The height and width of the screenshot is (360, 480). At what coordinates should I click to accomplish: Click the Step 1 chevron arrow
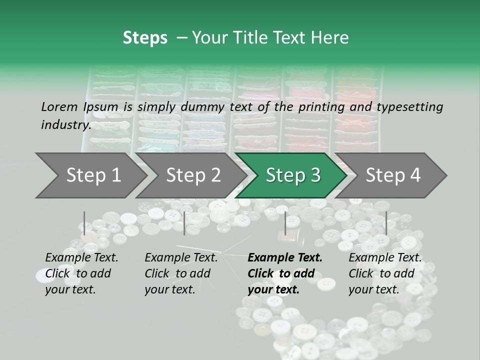(92, 175)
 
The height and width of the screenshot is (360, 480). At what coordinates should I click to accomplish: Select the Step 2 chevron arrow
(193, 175)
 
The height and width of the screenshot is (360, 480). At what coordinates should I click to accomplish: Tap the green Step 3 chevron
(292, 175)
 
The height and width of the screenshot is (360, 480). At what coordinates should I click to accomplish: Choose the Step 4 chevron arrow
(393, 175)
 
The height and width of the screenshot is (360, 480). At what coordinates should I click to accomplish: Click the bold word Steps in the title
(145, 38)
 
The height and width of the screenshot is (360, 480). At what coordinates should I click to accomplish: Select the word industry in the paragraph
(65, 124)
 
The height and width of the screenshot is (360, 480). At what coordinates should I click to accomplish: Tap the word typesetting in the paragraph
(410, 106)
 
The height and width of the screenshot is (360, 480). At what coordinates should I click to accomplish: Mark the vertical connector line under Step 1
(84, 223)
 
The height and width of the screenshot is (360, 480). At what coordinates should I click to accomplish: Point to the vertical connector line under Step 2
(184, 223)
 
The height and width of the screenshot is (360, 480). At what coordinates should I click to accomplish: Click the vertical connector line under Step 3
(285, 223)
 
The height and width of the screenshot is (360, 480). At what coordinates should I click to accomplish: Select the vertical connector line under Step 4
(386, 223)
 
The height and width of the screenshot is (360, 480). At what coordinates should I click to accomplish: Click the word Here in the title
(329, 38)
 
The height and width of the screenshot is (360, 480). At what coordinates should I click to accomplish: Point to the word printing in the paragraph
(317, 106)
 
